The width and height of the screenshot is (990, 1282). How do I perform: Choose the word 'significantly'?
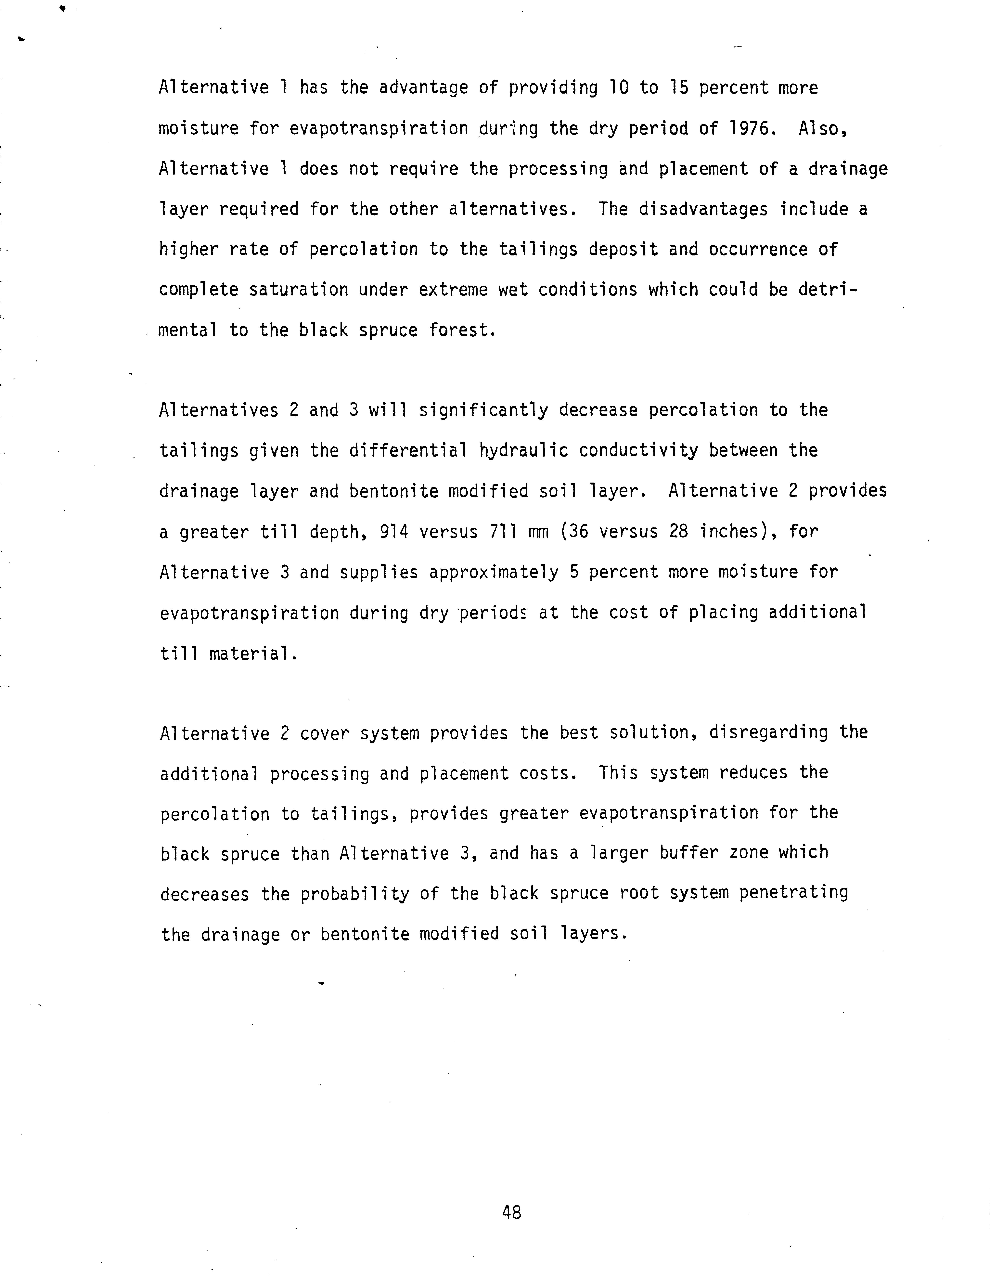[x=483, y=410]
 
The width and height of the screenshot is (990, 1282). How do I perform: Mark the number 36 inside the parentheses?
[x=573, y=532]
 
